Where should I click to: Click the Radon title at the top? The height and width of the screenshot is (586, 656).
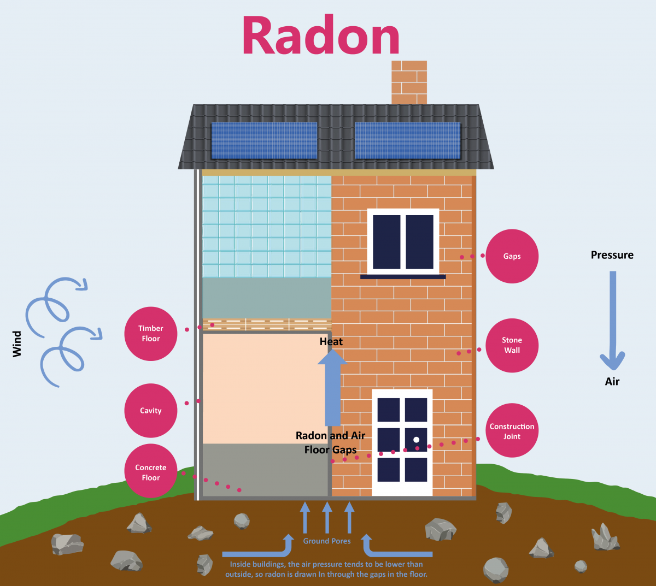(x=321, y=36)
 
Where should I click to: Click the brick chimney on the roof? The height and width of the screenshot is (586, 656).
(x=409, y=82)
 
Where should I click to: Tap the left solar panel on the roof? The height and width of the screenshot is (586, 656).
(x=263, y=140)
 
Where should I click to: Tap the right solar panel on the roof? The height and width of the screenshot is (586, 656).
(x=408, y=140)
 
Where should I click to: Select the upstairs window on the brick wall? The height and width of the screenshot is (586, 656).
(x=403, y=242)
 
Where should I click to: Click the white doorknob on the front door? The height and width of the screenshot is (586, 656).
(x=417, y=440)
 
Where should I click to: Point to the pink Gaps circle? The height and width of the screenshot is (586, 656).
(x=512, y=256)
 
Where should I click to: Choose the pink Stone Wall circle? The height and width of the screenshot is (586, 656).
(x=512, y=345)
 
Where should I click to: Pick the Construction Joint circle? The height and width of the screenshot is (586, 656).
(x=512, y=431)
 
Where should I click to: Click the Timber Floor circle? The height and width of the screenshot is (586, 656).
(x=150, y=333)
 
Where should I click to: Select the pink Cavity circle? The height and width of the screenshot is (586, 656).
(x=150, y=410)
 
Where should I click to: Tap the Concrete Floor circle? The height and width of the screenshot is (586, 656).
(x=150, y=472)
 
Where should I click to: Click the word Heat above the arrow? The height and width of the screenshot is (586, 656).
(x=331, y=342)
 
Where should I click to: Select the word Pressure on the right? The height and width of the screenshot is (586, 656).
(x=612, y=255)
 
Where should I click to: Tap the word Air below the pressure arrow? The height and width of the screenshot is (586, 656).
(x=612, y=382)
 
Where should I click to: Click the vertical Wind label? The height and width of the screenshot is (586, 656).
(x=17, y=344)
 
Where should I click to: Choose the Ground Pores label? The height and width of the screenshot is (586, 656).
(x=327, y=541)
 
